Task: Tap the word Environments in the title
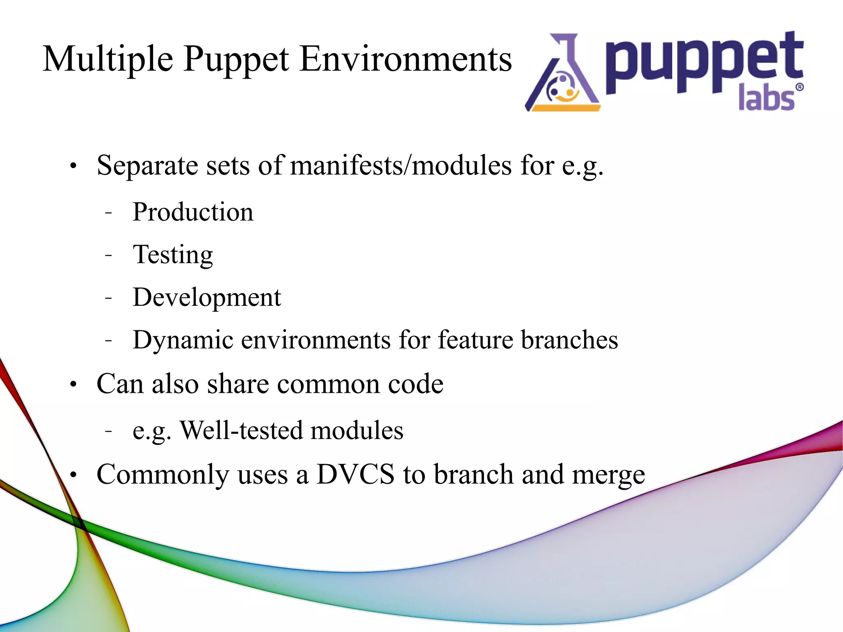tap(405, 59)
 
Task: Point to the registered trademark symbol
tap(799, 87)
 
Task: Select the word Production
tap(193, 212)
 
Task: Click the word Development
tap(207, 298)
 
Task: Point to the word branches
tap(569, 340)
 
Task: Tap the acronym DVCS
tap(355, 474)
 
